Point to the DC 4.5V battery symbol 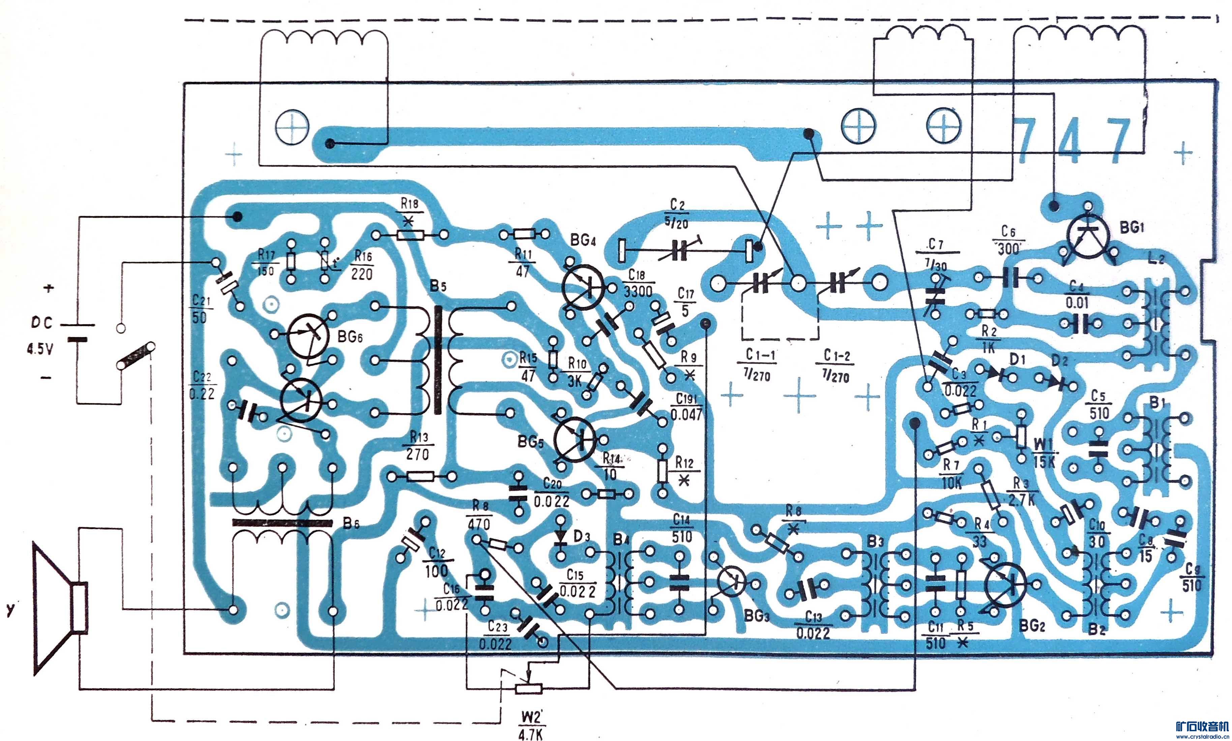(77, 332)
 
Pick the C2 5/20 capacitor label (677, 214)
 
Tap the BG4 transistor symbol (583, 287)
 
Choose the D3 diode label (582, 537)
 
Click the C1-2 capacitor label (837, 366)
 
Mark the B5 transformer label (438, 286)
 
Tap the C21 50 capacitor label (201, 309)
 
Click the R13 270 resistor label (418, 446)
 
